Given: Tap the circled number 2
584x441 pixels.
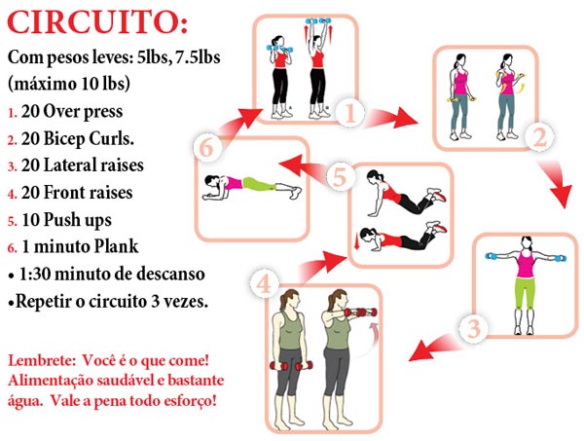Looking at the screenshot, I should point(540,138).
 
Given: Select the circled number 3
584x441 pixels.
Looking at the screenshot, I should point(472,329).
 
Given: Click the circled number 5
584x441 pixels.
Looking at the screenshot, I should point(339,177).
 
